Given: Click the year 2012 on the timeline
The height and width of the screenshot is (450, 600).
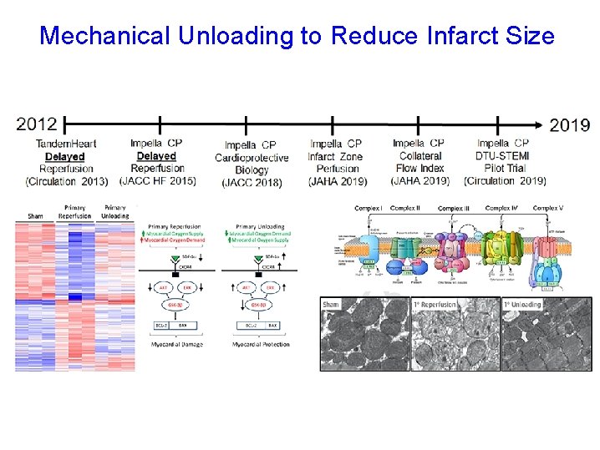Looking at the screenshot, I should tap(37, 124).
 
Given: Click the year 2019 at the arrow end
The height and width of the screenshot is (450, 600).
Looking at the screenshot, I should tap(569, 125).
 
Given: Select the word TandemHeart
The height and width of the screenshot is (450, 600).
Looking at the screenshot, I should tap(66, 144).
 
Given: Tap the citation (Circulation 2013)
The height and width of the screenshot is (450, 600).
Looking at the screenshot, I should tap(66, 181).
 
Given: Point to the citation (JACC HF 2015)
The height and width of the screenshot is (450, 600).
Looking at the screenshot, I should tap(158, 180).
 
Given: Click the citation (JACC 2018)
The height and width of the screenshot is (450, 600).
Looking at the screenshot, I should tap(252, 182).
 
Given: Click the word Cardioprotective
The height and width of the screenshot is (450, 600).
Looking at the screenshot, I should tap(252, 158).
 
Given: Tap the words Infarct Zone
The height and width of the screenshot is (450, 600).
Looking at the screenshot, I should tap(335, 156).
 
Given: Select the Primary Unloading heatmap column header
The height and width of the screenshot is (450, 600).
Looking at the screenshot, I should tap(114, 211).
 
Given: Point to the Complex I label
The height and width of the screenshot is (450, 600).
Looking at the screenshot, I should tap(369, 208).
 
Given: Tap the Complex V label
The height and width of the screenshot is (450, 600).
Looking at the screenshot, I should tap(548, 208).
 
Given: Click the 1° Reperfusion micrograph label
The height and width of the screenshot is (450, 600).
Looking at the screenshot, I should tap(435, 305).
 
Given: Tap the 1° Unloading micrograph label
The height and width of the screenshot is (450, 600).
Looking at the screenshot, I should tap(524, 305).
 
